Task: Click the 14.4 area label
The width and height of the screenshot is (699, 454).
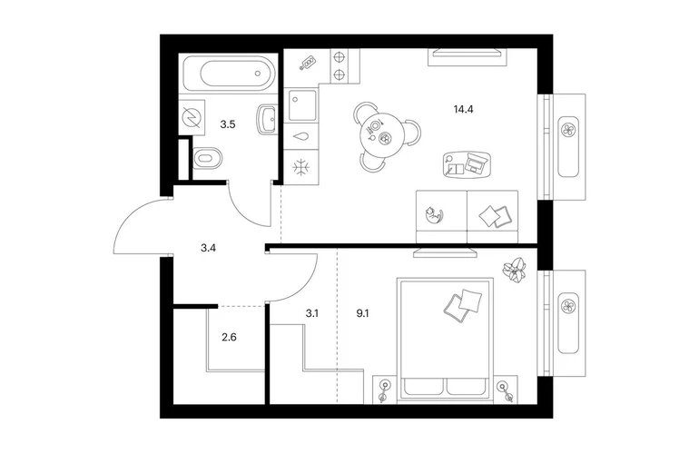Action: coord(463,109)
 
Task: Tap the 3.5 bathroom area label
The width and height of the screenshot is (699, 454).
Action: coord(228,124)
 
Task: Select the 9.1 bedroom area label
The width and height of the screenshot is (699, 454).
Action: coord(362,313)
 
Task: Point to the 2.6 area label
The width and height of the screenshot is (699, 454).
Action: coord(229,337)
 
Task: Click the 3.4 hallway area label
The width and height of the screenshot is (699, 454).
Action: coord(208,248)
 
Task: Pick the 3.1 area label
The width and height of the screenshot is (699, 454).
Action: coord(311,313)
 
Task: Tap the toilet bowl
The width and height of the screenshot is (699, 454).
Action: coord(207,158)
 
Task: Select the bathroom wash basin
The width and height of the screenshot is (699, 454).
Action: coord(268,119)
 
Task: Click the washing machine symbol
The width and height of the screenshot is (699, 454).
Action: coord(192,117)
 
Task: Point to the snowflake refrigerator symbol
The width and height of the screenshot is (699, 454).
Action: coord(300,167)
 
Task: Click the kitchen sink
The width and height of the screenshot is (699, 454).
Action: coord(302,105)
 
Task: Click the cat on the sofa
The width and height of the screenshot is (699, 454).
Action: coord(434,215)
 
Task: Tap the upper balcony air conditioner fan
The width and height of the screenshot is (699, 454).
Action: coord(569,130)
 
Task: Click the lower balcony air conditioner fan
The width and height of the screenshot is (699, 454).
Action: coord(569,306)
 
